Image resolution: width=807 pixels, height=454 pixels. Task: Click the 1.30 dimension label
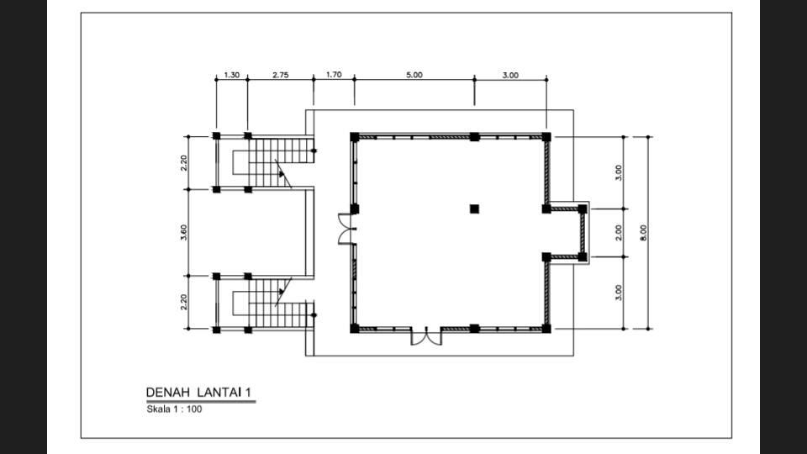pos(232,75)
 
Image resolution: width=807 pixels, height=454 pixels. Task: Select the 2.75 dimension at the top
pos(281,75)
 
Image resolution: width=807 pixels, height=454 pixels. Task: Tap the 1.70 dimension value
pos(334,75)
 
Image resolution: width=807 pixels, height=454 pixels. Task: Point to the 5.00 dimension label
pos(414,75)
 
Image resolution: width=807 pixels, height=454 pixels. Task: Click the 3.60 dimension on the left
pos(184,232)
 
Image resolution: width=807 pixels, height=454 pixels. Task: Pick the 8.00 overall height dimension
pos(643,233)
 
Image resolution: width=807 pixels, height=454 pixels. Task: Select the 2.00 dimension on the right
pos(619,233)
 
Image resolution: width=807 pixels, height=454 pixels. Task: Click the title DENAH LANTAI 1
pos(198,393)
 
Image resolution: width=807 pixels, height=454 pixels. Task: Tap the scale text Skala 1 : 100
pos(174,409)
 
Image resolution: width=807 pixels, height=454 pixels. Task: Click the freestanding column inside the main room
pos(474,209)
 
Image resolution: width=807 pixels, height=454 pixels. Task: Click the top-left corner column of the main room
pos(355,137)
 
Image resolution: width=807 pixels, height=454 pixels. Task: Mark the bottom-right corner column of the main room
pos(546,329)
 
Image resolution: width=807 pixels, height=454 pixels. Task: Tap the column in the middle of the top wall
pos(474,137)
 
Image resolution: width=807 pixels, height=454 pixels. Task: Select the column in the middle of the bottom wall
pos(474,329)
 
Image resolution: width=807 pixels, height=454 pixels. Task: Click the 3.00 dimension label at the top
pos(510,75)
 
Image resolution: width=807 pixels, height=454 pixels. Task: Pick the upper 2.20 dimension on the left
pos(184,163)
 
